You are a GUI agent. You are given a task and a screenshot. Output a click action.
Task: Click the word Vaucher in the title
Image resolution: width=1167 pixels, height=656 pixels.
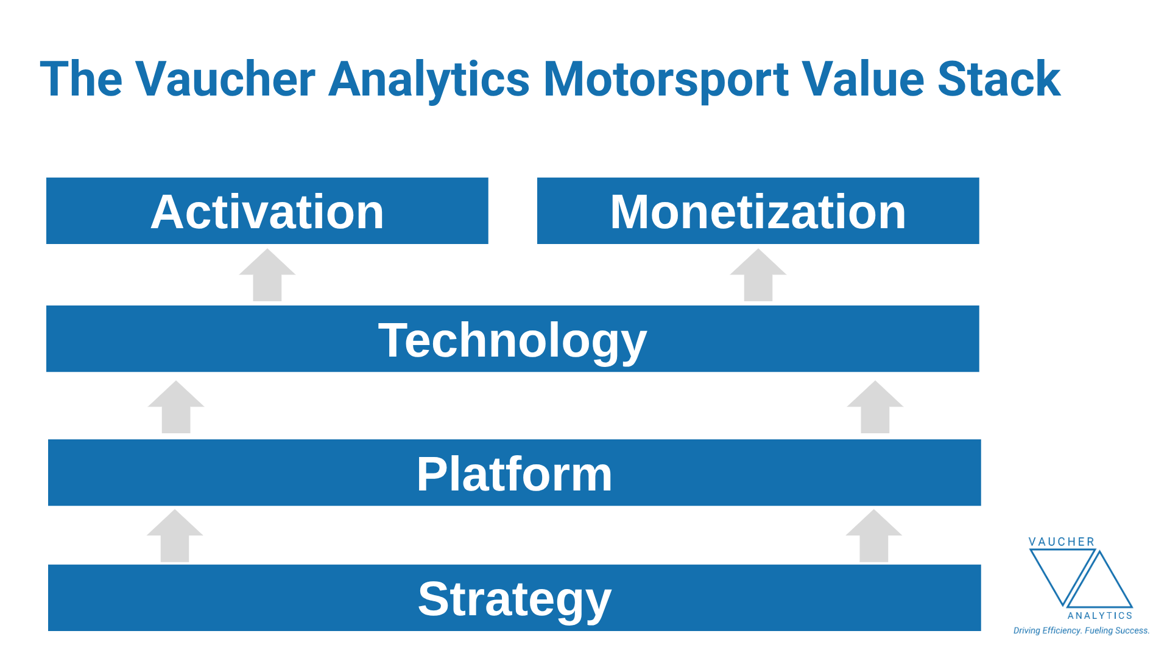click(225, 80)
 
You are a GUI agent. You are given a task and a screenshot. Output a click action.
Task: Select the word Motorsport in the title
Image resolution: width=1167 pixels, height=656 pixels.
click(666, 80)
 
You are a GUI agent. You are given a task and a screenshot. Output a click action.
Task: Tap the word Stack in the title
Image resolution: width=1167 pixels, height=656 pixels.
click(999, 80)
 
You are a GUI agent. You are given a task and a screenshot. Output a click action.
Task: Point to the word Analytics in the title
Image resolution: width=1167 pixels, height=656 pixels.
click(429, 80)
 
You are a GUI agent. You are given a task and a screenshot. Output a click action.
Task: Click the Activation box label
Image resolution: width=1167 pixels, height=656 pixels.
click(267, 212)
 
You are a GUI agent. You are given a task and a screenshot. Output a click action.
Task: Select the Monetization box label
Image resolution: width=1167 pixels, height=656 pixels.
click(758, 212)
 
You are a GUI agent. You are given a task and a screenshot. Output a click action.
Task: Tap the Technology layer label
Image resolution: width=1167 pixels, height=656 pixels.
click(512, 340)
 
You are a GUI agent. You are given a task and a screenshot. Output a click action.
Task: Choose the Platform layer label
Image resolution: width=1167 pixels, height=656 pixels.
click(514, 474)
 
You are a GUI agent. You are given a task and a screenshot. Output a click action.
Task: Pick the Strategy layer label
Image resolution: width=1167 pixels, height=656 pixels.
click(514, 599)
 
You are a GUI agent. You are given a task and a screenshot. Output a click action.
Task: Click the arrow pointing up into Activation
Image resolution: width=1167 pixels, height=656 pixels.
click(267, 276)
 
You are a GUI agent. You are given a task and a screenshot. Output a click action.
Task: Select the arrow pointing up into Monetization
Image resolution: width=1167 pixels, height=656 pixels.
click(758, 276)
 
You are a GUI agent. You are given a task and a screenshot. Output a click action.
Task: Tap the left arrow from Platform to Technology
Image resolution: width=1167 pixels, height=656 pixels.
click(176, 408)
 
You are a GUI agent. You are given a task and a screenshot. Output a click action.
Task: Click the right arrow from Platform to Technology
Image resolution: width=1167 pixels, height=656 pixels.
click(875, 408)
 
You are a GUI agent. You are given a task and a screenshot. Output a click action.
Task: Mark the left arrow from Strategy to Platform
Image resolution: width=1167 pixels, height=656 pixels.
click(175, 537)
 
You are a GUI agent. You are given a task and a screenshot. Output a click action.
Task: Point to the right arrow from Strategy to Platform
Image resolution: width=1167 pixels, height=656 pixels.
click(873, 537)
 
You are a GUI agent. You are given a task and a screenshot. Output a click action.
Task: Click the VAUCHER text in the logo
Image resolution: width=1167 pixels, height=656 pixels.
click(1061, 542)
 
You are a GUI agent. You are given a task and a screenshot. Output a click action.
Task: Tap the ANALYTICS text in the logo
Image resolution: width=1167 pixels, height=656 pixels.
click(1099, 616)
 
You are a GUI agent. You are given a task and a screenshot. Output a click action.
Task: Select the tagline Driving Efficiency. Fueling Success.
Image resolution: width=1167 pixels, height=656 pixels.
click(1081, 630)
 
